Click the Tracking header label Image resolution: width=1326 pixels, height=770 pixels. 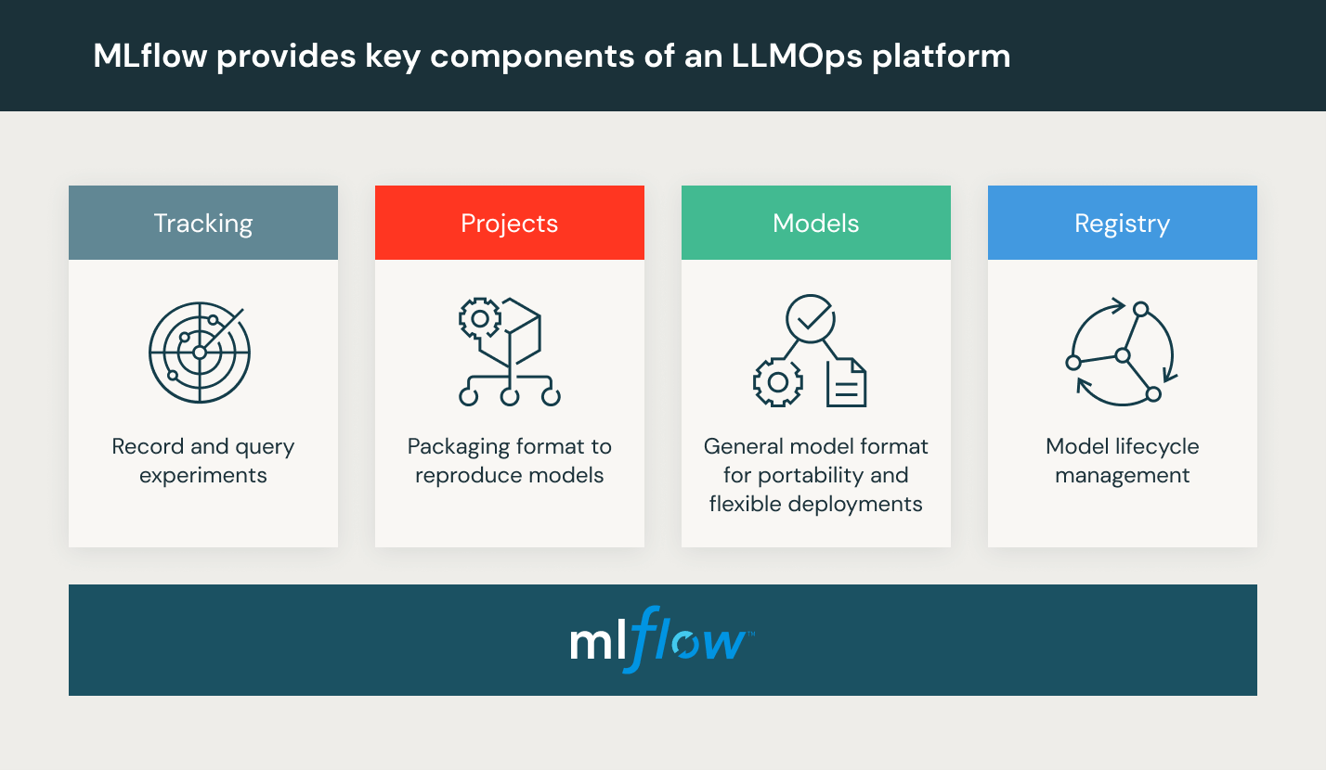coord(202,224)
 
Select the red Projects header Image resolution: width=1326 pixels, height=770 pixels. coord(509,224)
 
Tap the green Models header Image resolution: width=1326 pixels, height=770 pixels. coord(815,224)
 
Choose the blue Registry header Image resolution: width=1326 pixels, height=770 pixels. coord(1122,224)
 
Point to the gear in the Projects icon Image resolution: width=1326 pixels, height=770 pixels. coord(480,318)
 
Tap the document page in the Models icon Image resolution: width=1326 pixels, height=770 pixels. coord(846,382)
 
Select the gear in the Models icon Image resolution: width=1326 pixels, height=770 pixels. coord(777,381)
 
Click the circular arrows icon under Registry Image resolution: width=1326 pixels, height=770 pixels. coord(1122,353)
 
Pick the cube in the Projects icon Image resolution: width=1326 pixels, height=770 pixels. coord(521,330)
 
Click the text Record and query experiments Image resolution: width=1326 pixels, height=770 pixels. coord(202,461)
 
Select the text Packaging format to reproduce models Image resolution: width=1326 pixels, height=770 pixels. coord(509,461)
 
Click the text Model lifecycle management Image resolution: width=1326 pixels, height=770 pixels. coord(1122,461)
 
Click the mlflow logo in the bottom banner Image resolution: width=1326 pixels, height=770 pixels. coord(662,640)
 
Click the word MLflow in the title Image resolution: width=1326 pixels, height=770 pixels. coord(149,57)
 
